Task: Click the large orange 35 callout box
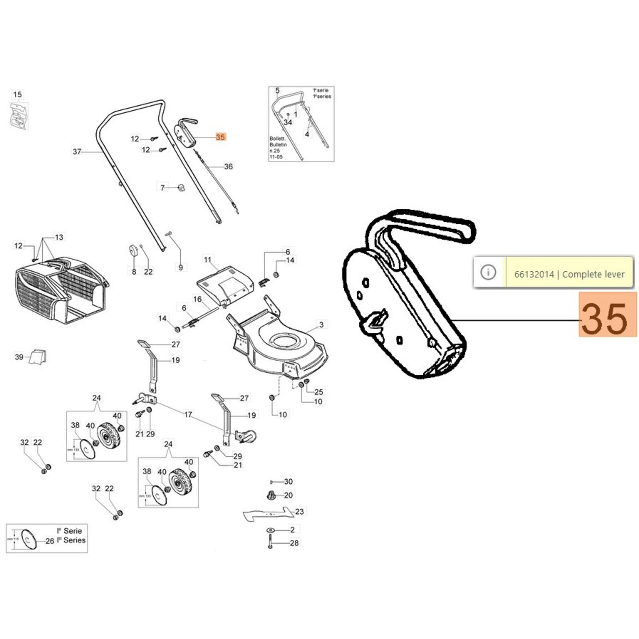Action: pyautogui.click(x=607, y=314)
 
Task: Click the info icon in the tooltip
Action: pyautogui.click(x=488, y=272)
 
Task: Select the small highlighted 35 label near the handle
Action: pyautogui.click(x=220, y=137)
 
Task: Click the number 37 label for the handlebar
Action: pyautogui.click(x=77, y=152)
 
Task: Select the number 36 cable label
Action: pyautogui.click(x=228, y=166)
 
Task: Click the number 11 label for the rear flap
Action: pyautogui.click(x=208, y=260)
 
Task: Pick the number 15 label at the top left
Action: pyautogui.click(x=18, y=95)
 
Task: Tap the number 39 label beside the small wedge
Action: pyautogui.click(x=19, y=357)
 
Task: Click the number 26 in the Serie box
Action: pyautogui.click(x=50, y=541)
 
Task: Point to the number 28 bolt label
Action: pyautogui.click(x=294, y=543)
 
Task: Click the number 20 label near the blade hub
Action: pyautogui.click(x=288, y=495)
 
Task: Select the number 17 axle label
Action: pyautogui.click(x=188, y=415)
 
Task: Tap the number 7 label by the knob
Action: pyautogui.click(x=163, y=187)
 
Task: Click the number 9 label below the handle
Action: pyautogui.click(x=181, y=267)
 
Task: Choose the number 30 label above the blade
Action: pyautogui.click(x=288, y=482)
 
